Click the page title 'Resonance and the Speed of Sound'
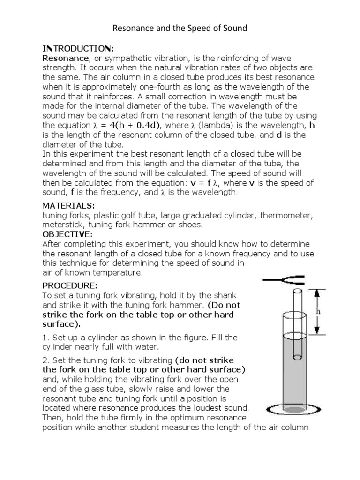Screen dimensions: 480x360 point(180,29)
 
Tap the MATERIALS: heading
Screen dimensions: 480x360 point(68,205)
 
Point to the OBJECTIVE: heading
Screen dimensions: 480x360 point(67,234)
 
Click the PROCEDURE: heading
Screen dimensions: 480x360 point(70,286)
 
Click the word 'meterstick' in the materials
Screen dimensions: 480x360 point(60,225)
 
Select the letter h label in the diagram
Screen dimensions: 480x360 point(331,310)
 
